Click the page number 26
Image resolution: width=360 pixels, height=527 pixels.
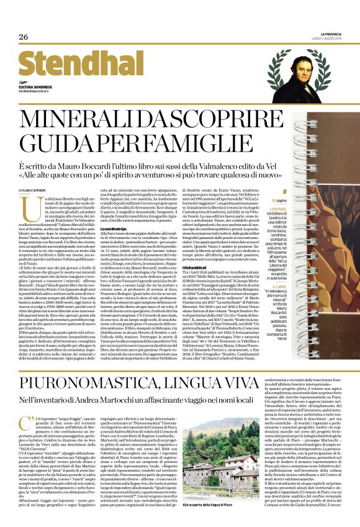(x=24, y=37)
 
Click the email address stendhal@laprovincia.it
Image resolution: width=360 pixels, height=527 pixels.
(x=40, y=90)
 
